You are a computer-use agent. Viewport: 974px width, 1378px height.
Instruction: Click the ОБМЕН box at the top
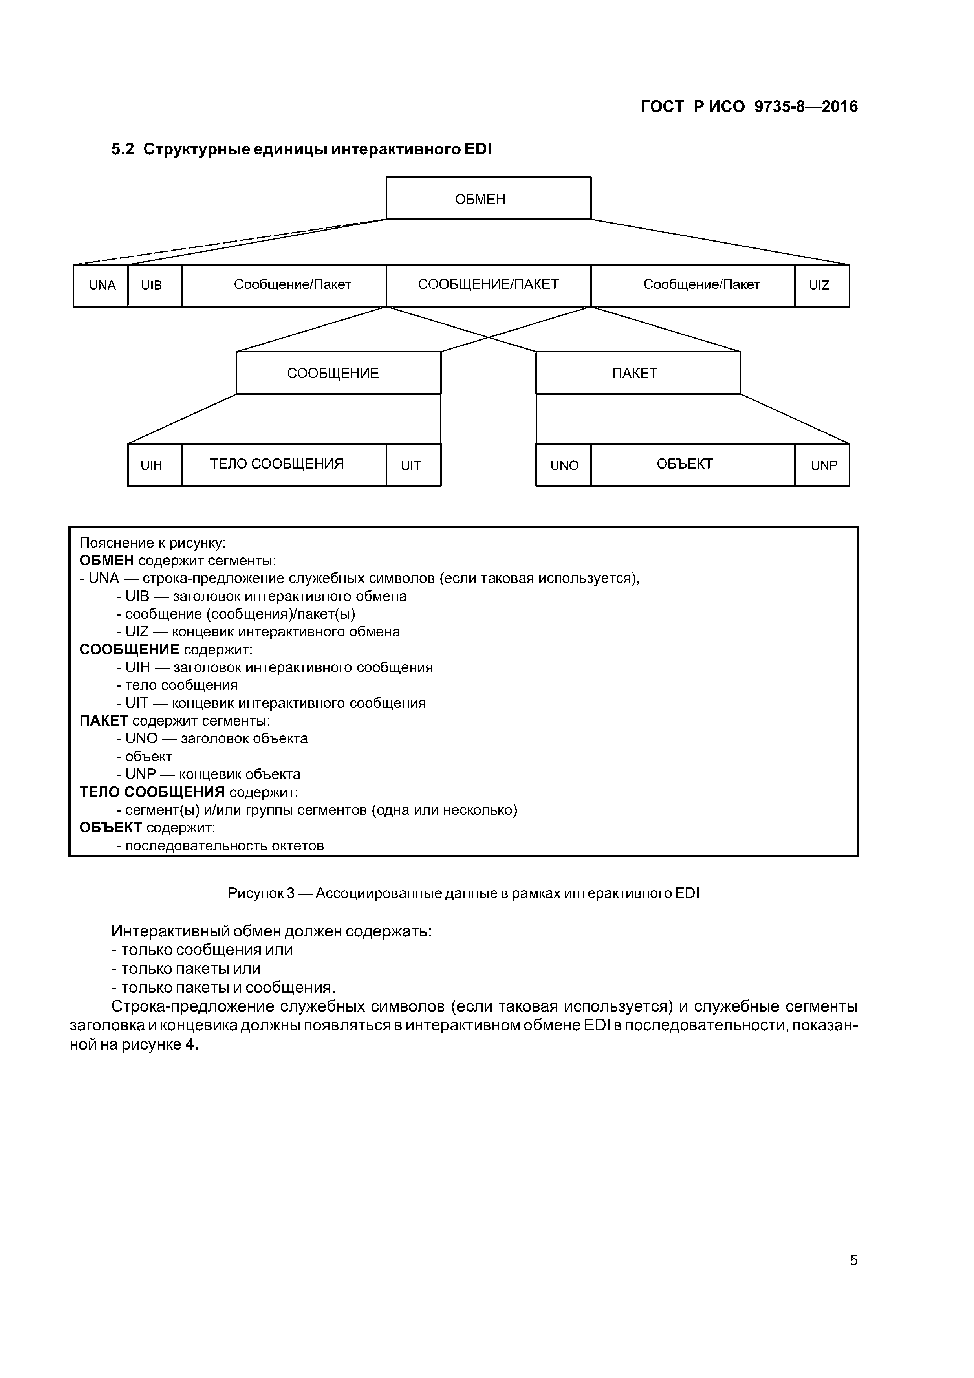tap(488, 199)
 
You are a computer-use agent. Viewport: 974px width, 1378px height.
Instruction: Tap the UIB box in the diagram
tap(154, 286)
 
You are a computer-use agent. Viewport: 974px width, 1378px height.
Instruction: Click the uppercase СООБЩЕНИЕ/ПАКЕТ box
tap(488, 285)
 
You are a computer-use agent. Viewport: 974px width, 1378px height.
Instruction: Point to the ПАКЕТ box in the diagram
tap(637, 373)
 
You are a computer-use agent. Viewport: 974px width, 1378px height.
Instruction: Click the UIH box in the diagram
tap(154, 465)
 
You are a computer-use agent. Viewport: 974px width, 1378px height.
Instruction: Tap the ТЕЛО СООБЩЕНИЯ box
tap(284, 465)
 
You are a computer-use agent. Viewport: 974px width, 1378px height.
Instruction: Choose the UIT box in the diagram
tap(413, 465)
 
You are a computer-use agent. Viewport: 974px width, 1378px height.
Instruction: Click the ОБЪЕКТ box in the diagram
tap(692, 465)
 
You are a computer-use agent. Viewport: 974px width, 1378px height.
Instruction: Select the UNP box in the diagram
tap(822, 465)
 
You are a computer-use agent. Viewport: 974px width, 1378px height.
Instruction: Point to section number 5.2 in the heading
tap(123, 149)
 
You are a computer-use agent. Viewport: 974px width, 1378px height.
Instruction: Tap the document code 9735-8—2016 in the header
tap(806, 107)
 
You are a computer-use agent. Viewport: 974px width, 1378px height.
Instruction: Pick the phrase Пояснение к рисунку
tap(152, 543)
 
